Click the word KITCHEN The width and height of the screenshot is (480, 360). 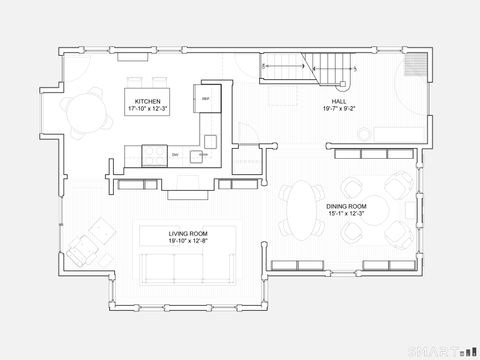click(147, 101)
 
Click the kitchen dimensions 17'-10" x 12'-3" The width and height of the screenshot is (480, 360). click(147, 109)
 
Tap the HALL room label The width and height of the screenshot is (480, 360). click(340, 103)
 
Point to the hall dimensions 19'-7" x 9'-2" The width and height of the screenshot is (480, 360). click(340, 111)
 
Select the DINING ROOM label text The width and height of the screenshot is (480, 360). click(346, 206)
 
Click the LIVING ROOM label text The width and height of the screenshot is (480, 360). click(187, 233)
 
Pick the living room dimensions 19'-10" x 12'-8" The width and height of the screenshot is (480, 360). click(187, 241)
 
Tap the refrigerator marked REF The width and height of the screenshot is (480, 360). click(205, 99)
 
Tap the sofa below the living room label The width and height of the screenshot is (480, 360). click(187, 267)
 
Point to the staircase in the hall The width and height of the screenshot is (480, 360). click(311, 68)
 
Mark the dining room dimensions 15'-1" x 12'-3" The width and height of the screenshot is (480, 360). click(346, 214)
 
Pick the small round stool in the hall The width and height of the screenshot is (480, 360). click(367, 132)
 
